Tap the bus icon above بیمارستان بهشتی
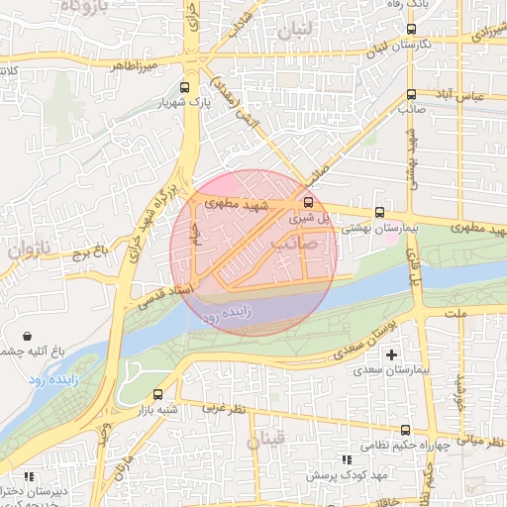point(380,211)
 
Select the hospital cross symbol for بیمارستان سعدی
point(392,354)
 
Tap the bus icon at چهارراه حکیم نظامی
point(405,430)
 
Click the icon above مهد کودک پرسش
point(346,459)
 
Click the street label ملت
point(456,312)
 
